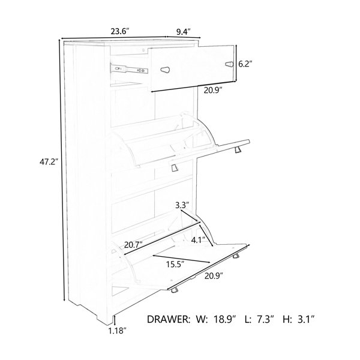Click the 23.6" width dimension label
(120, 31)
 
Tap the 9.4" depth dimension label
(184, 32)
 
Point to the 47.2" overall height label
(48, 162)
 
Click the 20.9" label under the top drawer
(214, 91)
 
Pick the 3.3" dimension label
(182, 205)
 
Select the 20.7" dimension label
(134, 245)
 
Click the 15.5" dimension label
(176, 265)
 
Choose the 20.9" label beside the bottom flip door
(214, 276)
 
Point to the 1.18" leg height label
(118, 331)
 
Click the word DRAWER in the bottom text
(169, 319)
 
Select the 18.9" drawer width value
(225, 319)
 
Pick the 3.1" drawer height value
(305, 319)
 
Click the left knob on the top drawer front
(166, 70)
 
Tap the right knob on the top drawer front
(229, 64)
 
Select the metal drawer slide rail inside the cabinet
(129, 68)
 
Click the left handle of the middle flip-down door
(175, 167)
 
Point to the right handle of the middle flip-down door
(238, 150)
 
